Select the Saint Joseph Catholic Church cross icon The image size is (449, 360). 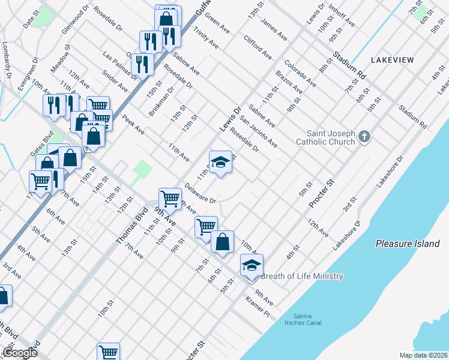coord(364,137)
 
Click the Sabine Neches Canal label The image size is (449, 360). coord(307,319)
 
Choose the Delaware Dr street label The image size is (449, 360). coord(200,192)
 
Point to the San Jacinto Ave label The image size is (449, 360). coord(259,131)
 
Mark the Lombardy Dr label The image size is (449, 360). coord(7,60)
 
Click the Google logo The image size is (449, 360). coord(19,353)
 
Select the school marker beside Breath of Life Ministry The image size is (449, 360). coord(252,266)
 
